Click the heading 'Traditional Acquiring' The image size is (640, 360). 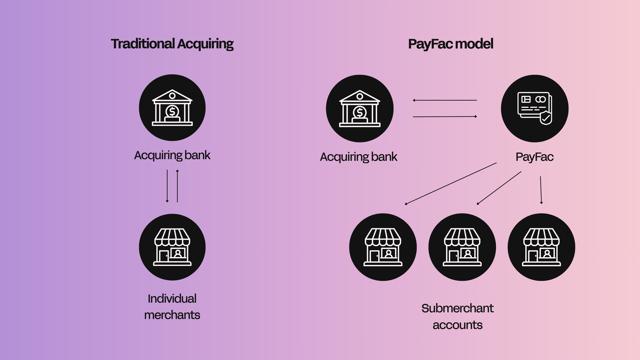pos(172,44)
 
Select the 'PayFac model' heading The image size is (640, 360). pos(451,44)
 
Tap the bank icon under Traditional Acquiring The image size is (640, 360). pos(172,108)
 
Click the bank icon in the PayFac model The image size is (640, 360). pos(360,108)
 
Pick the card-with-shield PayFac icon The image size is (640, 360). pos(535,108)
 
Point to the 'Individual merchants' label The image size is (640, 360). pos(172,307)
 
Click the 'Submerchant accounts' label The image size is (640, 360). pos(458,316)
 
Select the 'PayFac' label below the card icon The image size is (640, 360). pos(534,157)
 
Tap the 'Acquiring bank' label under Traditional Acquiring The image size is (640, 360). pos(172,155)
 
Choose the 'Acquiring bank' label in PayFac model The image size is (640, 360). pos(358,157)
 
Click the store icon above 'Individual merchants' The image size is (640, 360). pos(172,247)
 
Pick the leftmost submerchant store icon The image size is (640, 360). pos(383,247)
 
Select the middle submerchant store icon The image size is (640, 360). pos(462,247)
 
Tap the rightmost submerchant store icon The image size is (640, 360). pos(541,247)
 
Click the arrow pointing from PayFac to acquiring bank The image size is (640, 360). pos(445,100)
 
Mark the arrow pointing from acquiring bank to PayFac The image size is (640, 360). pos(445,117)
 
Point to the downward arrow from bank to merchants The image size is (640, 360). pos(167,186)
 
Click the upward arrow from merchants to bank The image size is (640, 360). pos(177,186)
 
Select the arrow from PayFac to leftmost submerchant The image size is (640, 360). pos(451,184)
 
